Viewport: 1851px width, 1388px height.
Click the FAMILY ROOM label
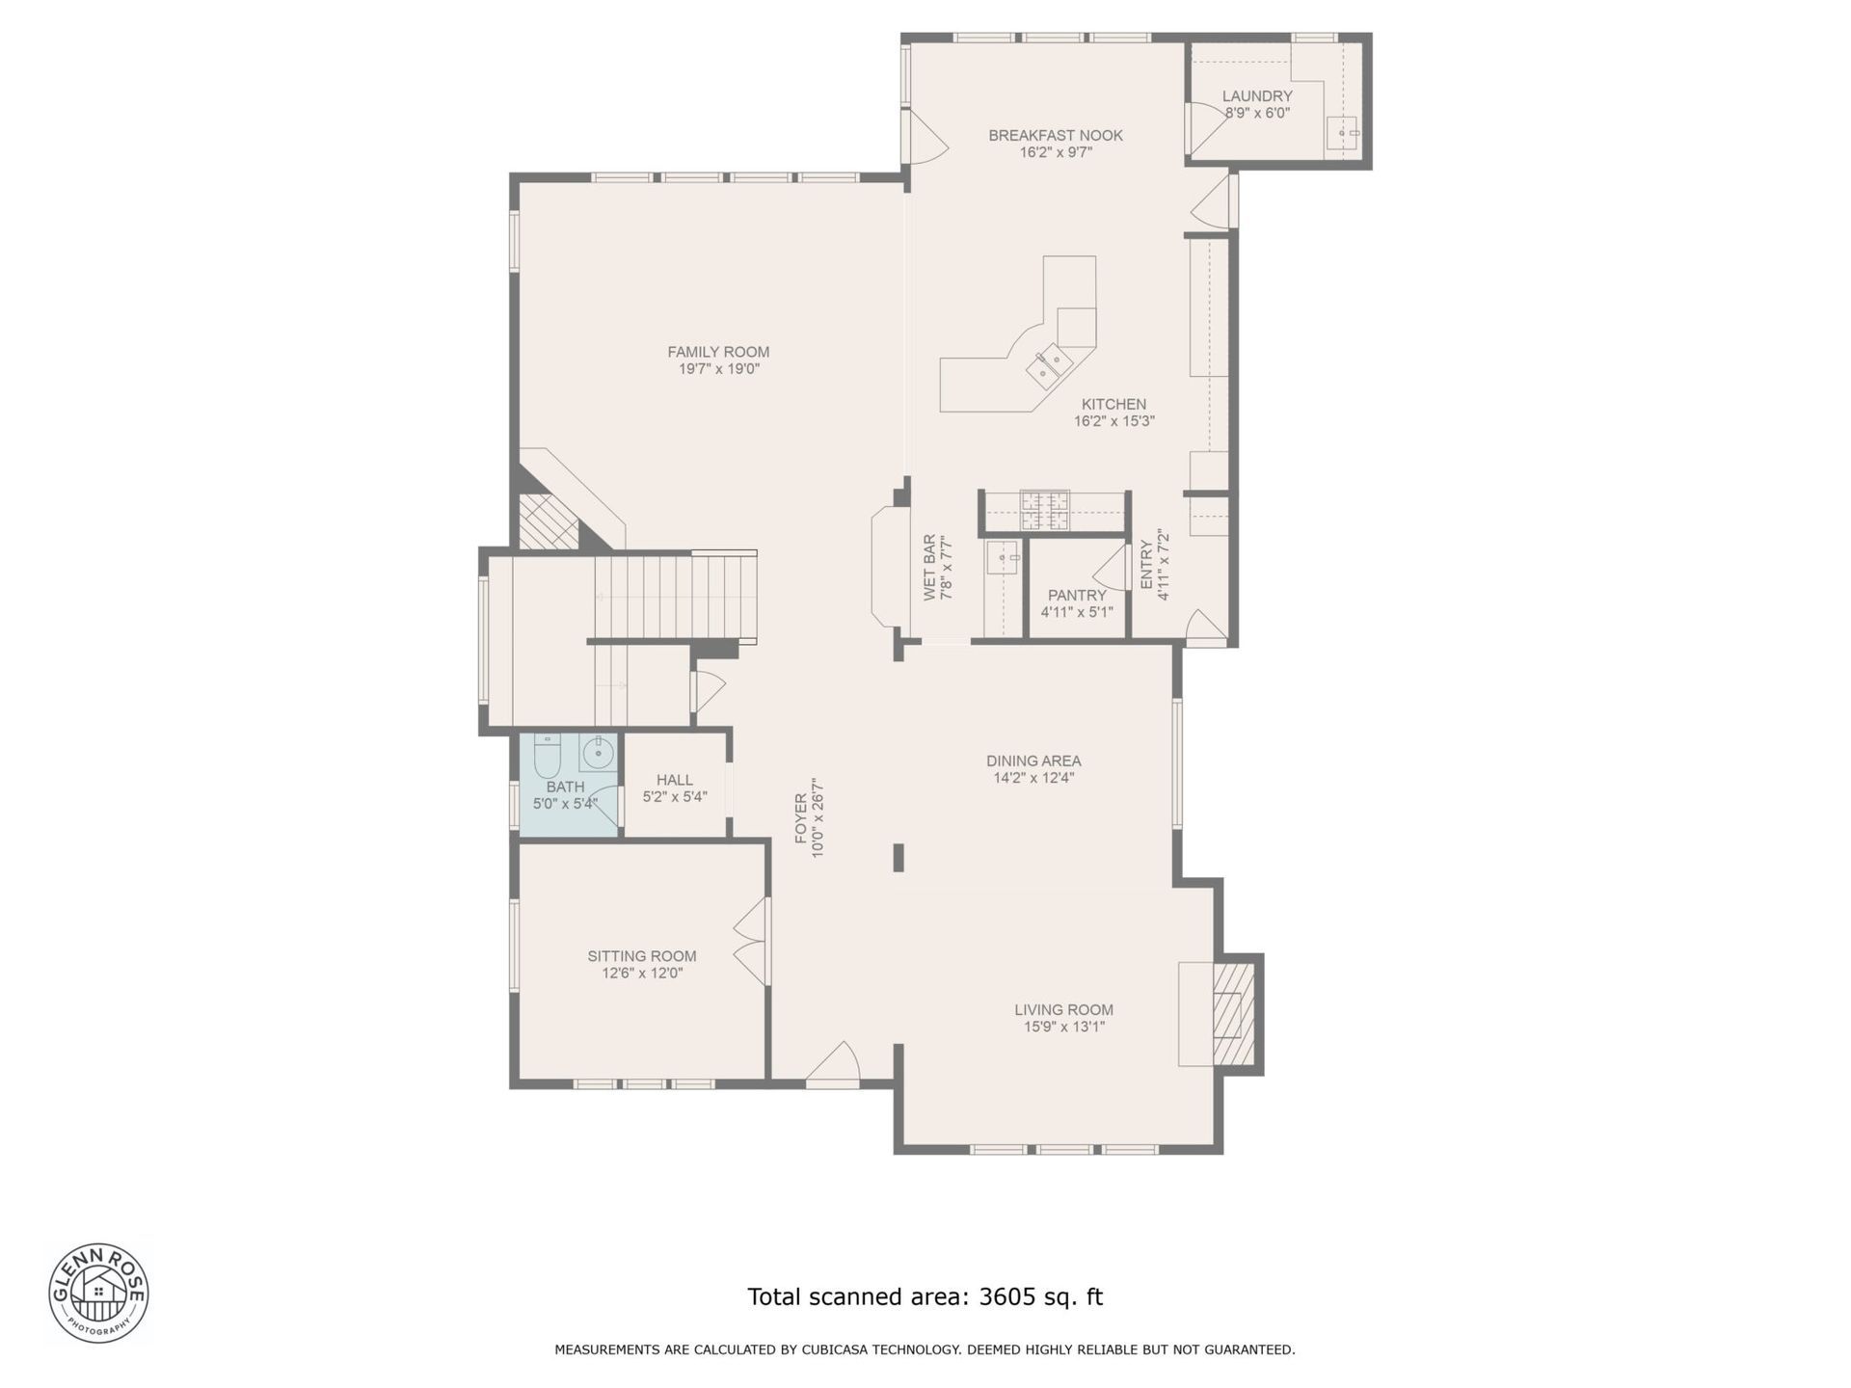[x=718, y=352]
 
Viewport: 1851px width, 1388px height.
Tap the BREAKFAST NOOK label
[x=1056, y=135]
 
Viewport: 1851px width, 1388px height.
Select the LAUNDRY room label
[x=1257, y=96]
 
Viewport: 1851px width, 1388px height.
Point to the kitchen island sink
[x=1048, y=364]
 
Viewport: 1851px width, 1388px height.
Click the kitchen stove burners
[x=1045, y=510]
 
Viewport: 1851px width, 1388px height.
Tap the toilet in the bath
[x=547, y=756]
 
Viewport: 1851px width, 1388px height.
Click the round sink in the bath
[x=599, y=752]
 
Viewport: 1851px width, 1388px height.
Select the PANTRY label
[x=1077, y=596]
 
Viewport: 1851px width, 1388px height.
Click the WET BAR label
[x=929, y=568]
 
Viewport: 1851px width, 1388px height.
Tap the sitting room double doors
[x=752, y=941]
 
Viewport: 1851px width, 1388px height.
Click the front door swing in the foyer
[x=833, y=1064]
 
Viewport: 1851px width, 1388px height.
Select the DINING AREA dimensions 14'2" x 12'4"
[x=1033, y=778]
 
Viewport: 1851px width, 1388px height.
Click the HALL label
[x=675, y=780]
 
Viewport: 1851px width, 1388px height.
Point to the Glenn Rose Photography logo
[x=98, y=1293]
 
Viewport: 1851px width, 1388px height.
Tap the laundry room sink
[x=1341, y=133]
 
